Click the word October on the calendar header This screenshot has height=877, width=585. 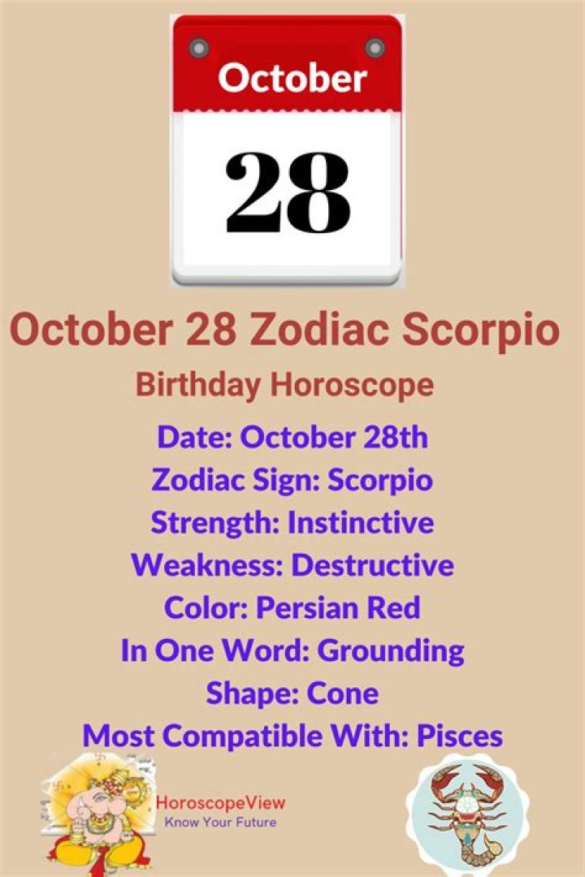pyautogui.click(x=292, y=78)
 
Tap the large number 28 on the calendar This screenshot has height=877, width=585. pyautogui.click(x=288, y=192)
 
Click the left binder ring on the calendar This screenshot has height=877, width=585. pyautogui.click(x=199, y=47)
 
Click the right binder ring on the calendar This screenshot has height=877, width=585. pyautogui.click(x=375, y=47)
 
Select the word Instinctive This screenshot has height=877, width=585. pyautogui.click(x=361, y=522)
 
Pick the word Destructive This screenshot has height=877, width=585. pyautogui.click(x=372, y=565)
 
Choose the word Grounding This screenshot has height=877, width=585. pyautogui.click(x=391, y=650)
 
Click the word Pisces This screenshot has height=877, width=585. pyautogui.click(x=459, y=737)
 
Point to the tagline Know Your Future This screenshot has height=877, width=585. pyautogui.click(x=220, y=823)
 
